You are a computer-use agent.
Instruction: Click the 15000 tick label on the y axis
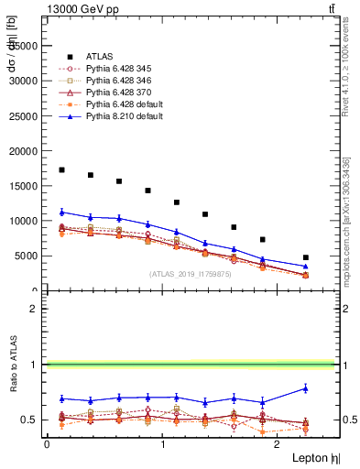pos(23,186)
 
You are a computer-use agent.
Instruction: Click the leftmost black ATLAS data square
pos(61,169)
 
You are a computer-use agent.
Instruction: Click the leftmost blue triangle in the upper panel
pos(61,212)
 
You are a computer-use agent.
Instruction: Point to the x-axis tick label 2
pos(279,443)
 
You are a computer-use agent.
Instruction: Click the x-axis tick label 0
pos(47,443)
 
